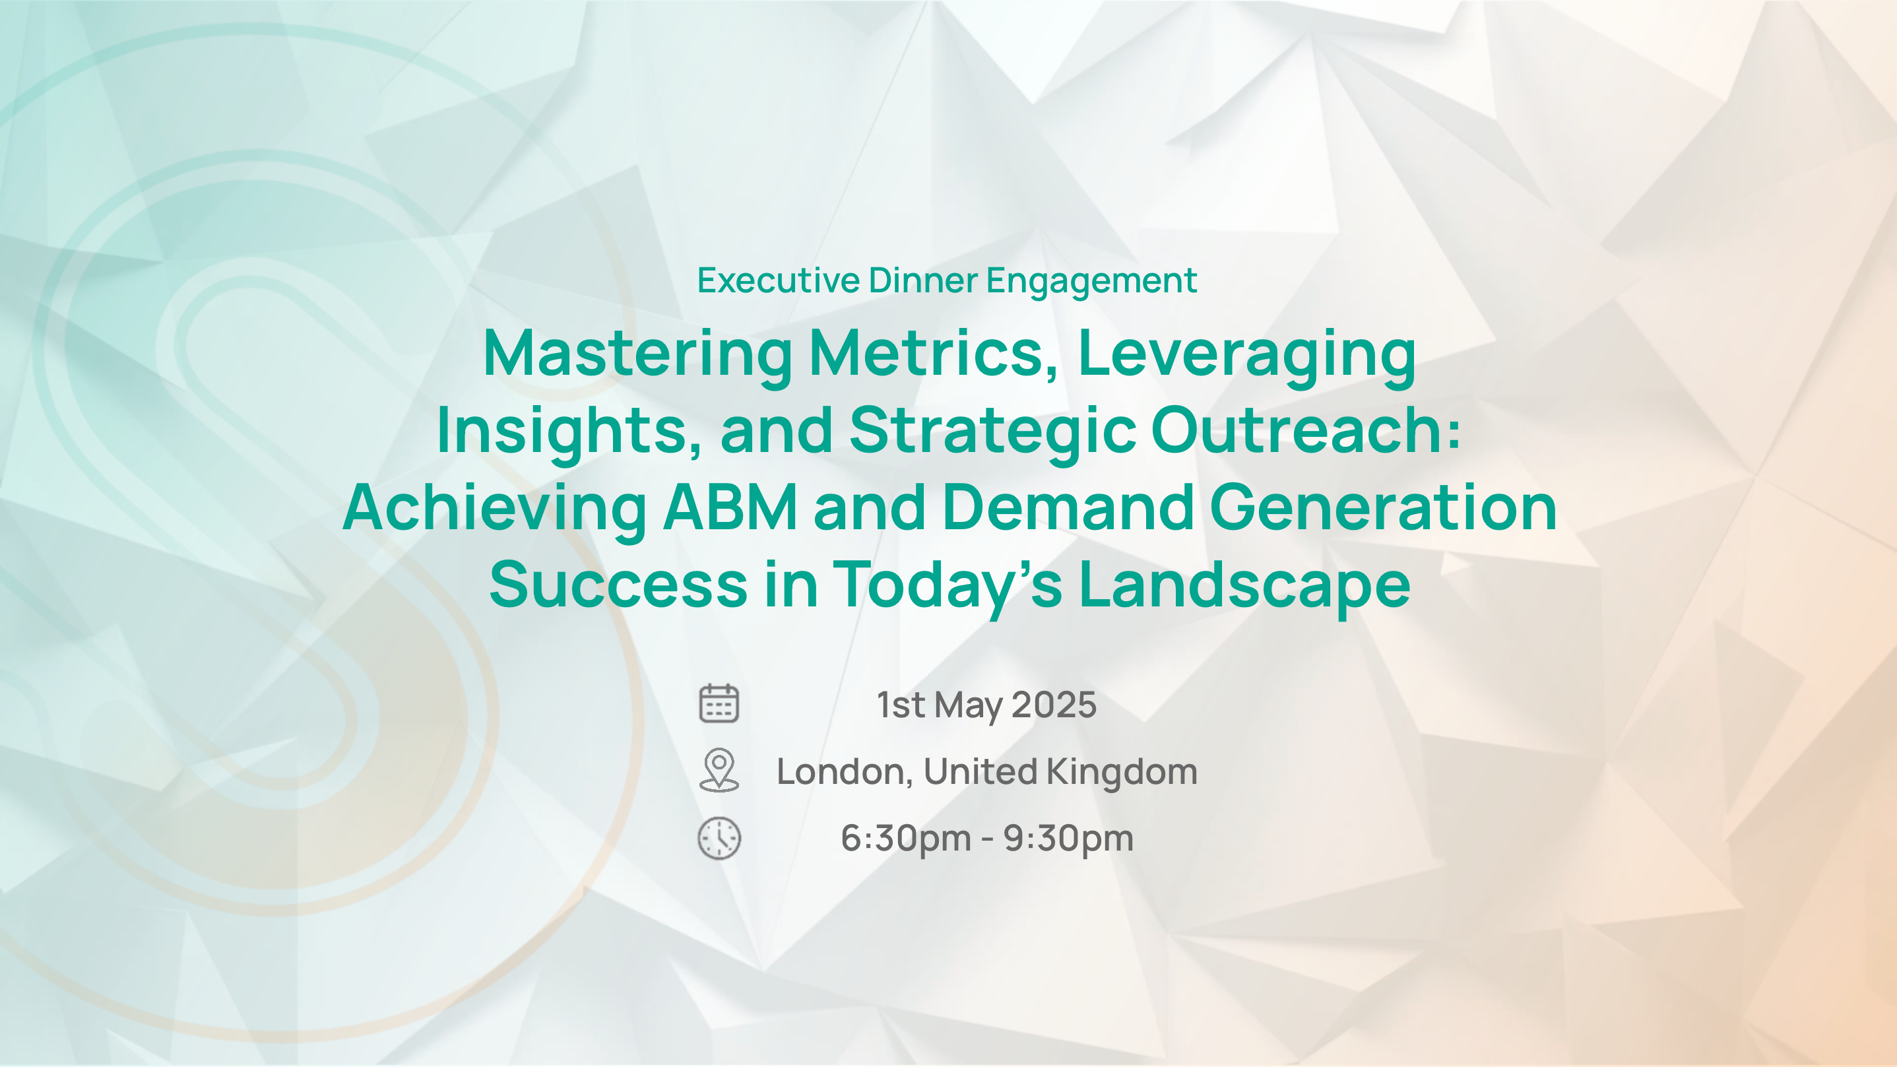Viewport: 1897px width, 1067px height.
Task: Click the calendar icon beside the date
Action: [719, 703]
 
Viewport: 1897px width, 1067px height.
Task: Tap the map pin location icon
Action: [719, 770]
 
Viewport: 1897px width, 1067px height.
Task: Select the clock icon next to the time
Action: [719, 838]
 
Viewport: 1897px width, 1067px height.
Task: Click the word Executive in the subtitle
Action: [779, 280]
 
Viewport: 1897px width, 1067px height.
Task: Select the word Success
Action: [619, 584]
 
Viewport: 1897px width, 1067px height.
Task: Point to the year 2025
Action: [1054, 705]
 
